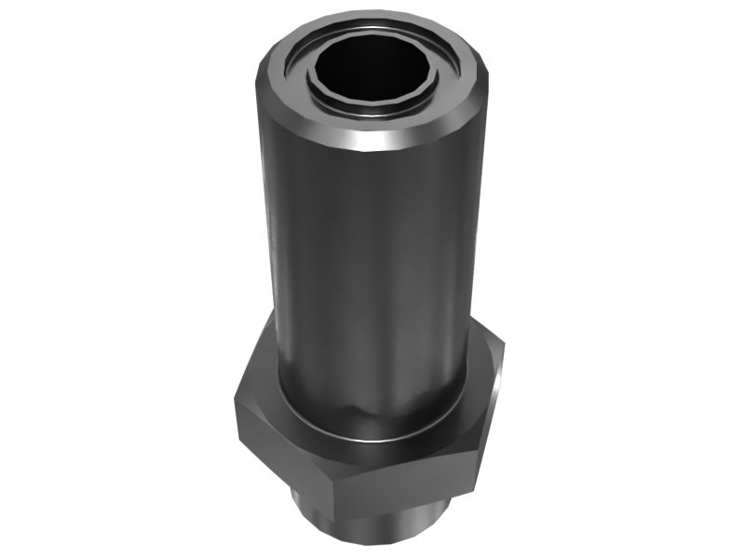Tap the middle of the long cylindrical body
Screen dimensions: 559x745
point(372,270)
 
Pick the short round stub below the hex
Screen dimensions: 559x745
point(372,522)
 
